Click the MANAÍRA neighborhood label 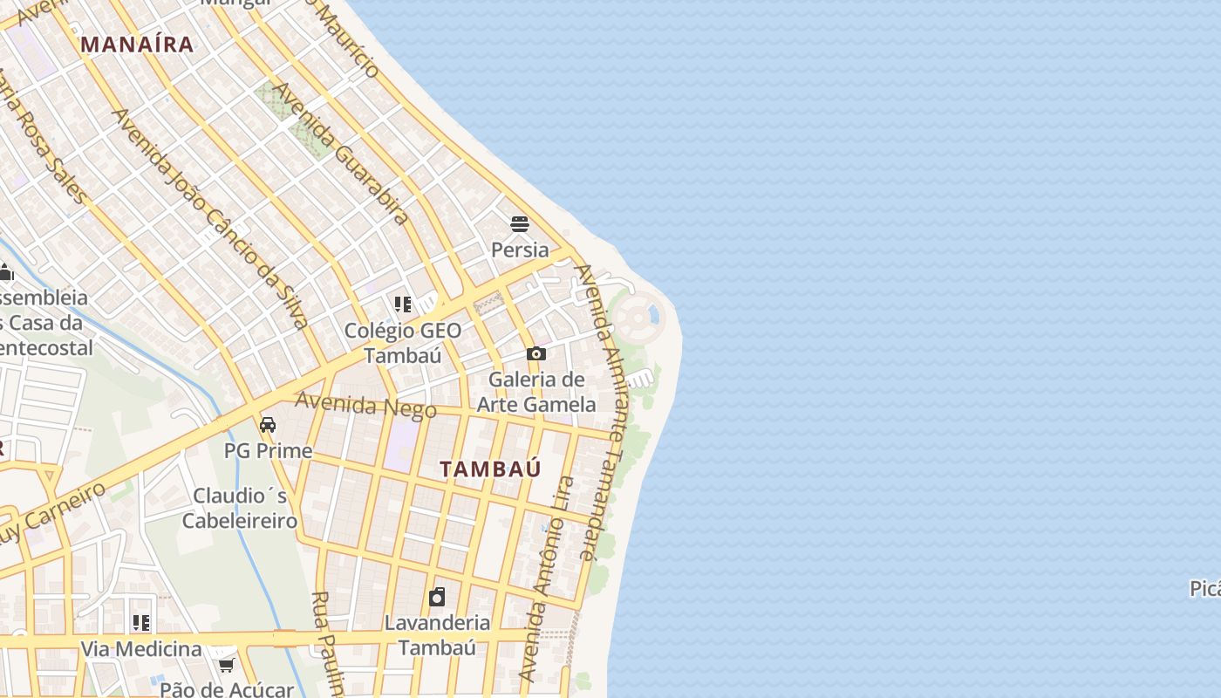137,44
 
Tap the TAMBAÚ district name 490,469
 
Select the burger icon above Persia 520,224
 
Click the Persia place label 520,250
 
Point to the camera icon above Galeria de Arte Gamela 535,353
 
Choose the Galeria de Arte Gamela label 536,392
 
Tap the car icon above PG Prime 268,425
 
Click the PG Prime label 268,451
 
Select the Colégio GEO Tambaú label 402,343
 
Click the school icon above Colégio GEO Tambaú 402,304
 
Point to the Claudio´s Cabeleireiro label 240,508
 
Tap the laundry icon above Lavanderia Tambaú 437,597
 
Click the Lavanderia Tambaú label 437,635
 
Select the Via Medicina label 141,649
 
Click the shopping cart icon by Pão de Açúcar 226,666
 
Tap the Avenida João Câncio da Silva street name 210,219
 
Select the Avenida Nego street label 365,405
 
